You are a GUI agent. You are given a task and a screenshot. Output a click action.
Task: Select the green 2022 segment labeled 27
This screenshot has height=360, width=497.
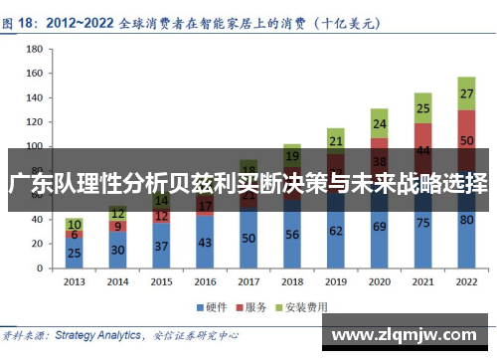point(466,93)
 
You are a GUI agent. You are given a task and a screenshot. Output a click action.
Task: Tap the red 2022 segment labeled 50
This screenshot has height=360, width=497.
point(466,142)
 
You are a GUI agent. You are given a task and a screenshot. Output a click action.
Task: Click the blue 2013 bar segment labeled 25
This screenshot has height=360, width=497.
point(74,253)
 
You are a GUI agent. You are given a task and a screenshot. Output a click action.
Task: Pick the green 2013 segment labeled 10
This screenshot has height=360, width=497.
point(74,225)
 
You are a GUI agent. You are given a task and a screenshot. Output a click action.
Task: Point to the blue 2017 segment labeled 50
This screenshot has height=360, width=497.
point(248,239)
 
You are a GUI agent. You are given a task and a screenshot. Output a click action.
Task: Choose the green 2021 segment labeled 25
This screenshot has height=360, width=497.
point(422,108)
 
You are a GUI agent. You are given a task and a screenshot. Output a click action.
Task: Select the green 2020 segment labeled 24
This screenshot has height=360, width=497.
point(379,124)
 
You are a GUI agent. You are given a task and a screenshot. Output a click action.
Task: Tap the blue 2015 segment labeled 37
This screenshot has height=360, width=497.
point(161,245)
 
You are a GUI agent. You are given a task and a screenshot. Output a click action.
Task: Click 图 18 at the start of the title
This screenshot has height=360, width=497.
point(23,17)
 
